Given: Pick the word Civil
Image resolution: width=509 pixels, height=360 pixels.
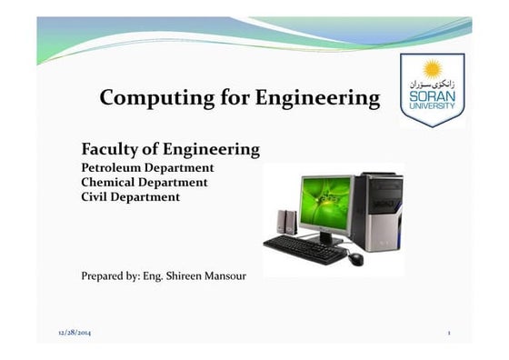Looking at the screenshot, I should pos(96,195).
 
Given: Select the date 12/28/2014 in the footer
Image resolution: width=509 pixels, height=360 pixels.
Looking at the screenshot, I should pos(75,335).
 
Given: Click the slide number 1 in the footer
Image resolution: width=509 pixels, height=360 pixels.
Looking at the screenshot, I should pos(449,335).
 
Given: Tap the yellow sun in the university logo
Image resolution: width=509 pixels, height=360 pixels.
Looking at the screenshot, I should pos(432,66).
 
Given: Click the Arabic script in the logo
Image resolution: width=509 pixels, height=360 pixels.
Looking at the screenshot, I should pos(434,82).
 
